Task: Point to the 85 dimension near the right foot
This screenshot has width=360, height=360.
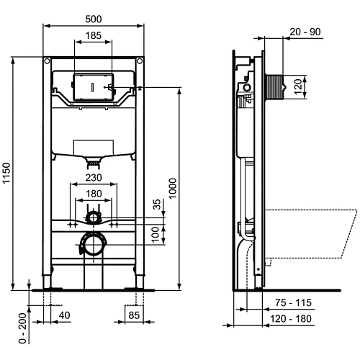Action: click(x=134, y=315)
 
